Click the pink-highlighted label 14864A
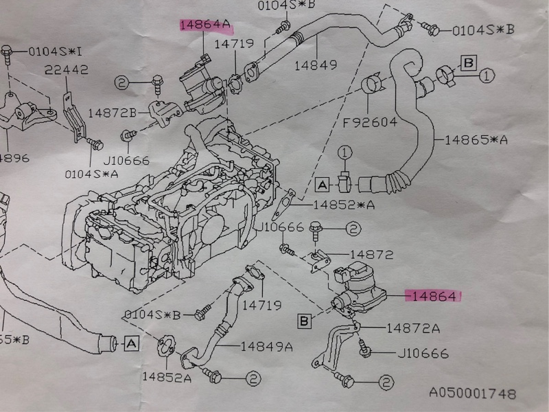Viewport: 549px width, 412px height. (x=205, y=25)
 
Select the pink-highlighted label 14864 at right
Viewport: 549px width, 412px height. (x=434, y=296)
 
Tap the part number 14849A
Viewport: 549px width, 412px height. (x=266, y=346)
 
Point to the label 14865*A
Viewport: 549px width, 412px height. (x=476, y=139)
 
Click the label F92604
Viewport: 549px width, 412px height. (x=371, y=124)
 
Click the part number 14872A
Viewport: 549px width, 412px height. (x=412, y=328)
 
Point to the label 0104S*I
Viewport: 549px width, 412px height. (x=54, y=51)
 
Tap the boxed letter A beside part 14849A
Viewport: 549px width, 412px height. (x=131, y=341)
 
